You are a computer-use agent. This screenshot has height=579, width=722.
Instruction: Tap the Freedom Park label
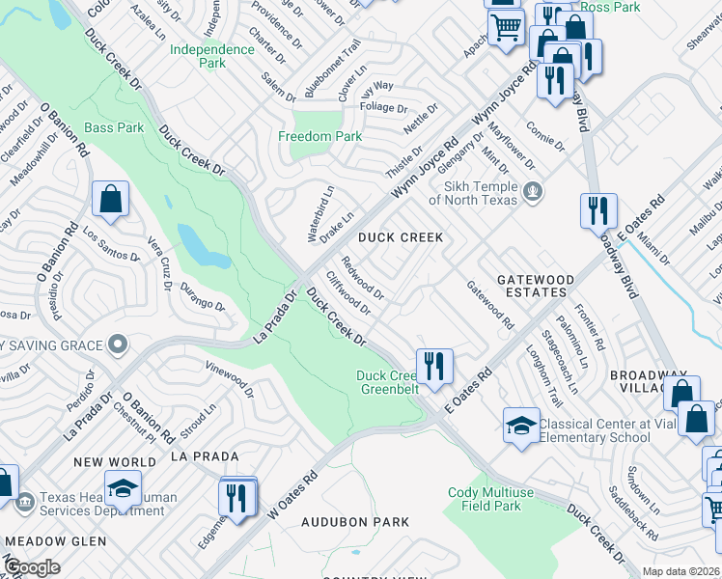pos(320,136)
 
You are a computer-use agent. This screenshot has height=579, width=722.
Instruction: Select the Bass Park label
pos(114,127)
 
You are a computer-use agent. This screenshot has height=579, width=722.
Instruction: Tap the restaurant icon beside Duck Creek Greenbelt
pos(434,367)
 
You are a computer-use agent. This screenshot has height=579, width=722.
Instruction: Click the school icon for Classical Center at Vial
pos(521,426)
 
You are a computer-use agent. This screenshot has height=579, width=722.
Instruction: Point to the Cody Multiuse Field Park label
pos(491,499)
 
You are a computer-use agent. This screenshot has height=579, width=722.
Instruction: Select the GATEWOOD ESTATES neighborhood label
pos(535,286)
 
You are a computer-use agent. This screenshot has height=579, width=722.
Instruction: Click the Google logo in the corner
pos(33,567)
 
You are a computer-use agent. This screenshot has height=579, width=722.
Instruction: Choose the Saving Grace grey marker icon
pos(118,345)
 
